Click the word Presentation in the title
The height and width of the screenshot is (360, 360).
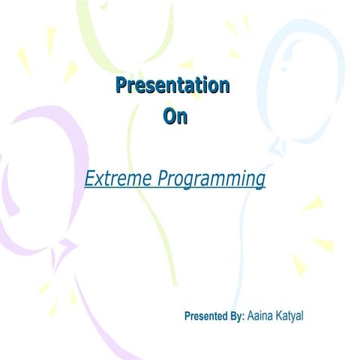(172, 85)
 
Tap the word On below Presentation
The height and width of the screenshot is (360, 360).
(175, 117)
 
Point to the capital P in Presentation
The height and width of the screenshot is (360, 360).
(121, 85)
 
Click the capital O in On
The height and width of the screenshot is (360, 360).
(169, 117)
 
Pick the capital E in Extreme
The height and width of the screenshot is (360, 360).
(90, 179)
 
